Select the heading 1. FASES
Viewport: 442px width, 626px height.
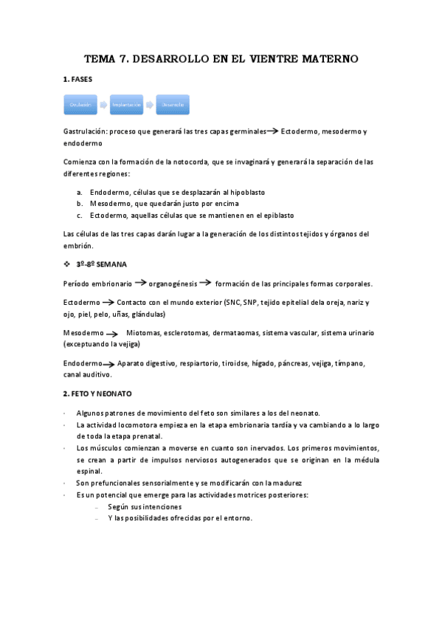point(77,79)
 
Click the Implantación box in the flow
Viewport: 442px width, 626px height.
point(127,106)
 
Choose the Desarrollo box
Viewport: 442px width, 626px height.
point(173,106)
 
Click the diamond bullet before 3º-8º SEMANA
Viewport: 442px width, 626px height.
point(67,264)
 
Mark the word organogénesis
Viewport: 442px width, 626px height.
point(173,283)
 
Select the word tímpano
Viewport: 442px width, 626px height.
point(350,364)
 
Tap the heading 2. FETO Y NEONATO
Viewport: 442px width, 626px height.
point(102,393)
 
